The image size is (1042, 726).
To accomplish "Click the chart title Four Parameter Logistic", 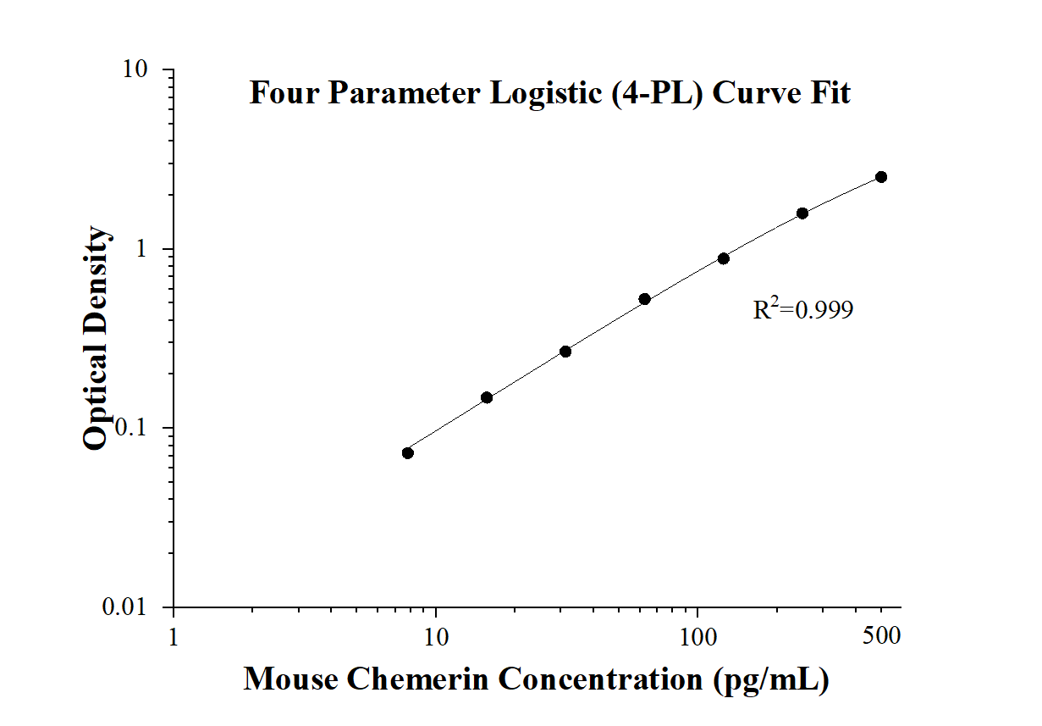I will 549,92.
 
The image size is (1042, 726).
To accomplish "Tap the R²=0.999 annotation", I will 802,311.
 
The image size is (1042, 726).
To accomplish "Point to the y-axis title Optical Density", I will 96,338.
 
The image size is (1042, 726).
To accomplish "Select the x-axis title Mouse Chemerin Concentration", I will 536,679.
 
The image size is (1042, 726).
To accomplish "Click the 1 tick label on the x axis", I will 174,636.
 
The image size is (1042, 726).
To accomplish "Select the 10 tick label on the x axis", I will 436,636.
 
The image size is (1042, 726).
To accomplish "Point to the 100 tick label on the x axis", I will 697,636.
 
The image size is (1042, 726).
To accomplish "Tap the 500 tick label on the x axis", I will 881,636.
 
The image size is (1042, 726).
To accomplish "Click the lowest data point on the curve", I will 408,452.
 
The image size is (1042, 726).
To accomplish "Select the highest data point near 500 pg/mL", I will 881,177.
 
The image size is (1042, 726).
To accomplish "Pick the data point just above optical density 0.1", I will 487,397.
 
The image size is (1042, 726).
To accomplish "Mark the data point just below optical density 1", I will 724,258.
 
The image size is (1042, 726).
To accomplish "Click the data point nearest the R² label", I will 724,258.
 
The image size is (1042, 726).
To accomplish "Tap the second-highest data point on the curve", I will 802,213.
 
